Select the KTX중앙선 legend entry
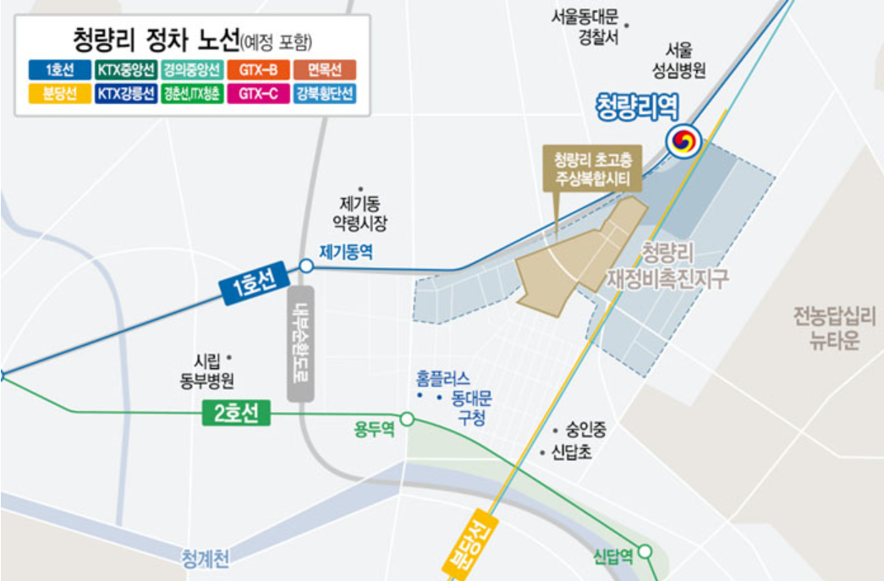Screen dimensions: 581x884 tap(124, 69)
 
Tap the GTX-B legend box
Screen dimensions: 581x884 tap(258, 69)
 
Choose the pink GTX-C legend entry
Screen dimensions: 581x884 tap(258, 94)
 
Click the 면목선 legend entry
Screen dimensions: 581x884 tap(326, 69)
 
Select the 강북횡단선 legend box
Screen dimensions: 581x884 tap(326, 94)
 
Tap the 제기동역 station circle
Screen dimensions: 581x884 tap(306, 266)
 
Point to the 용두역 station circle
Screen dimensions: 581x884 tap(407, 419)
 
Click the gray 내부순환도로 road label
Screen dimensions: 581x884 tap(300, 343)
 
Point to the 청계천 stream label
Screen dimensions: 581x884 tap(206, 558)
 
